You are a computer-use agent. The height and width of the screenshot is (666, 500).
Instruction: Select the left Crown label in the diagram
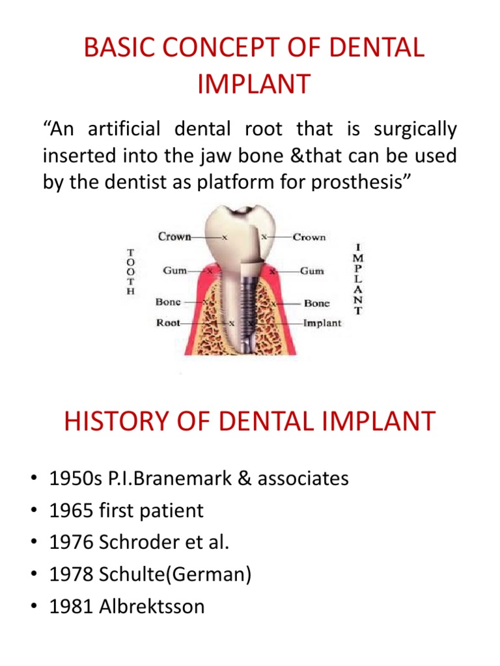point(174,237)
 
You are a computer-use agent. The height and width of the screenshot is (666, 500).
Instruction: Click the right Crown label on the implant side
point(309,237)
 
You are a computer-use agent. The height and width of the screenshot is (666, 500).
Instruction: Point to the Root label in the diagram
point(168,323)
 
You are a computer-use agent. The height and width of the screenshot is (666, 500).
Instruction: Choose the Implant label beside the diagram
point(322,323)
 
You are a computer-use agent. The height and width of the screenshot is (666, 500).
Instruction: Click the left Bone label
point(169,302)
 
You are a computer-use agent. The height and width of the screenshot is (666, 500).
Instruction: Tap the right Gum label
point(312,270)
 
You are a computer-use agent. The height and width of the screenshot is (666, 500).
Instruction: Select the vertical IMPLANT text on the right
point(357,279)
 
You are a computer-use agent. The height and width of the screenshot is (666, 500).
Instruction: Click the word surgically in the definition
point(415,129)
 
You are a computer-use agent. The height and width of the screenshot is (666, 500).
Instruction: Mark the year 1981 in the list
point(72,607)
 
